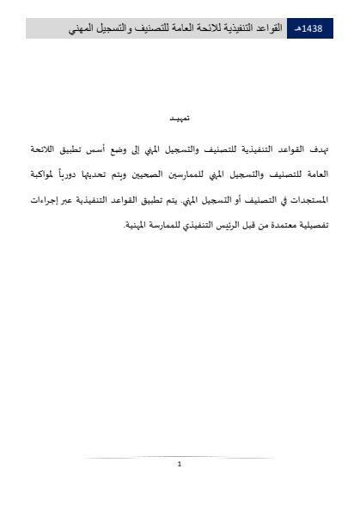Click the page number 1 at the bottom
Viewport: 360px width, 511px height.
179,465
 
